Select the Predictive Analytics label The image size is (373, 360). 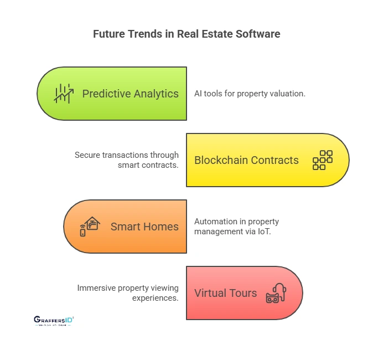(x=130, y=94)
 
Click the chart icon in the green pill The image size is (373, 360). (x=64, y=93)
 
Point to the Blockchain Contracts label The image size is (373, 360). (x=246, y=160)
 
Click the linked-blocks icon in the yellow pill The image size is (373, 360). (x=322, y=160)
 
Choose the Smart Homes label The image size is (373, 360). (x=144, y=227)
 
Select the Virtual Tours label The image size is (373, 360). (x=225, y=293)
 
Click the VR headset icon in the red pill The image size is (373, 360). (x=275, y=293)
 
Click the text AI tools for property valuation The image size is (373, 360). (x=250, y=94)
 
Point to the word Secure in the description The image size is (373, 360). (x=88, y=155)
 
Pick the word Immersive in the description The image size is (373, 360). (x=96, y=288)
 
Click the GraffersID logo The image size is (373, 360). (x=54, y=321)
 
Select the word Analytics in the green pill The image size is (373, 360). (x=157, y=94)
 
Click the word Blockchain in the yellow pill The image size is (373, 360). (x=219, y=160)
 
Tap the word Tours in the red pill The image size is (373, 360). (x=243, y=293)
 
